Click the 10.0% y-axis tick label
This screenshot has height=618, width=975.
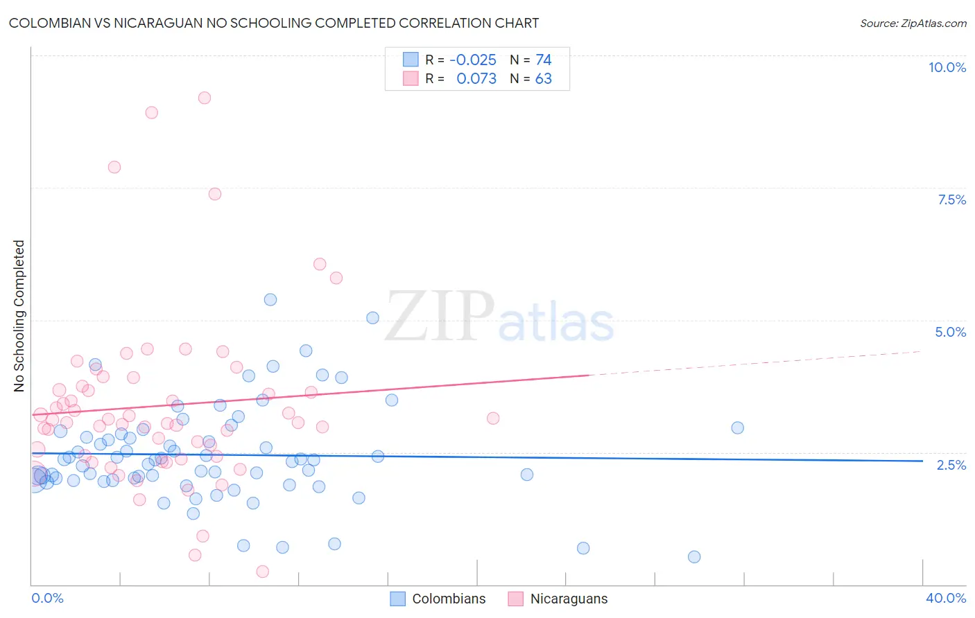pos(947,67)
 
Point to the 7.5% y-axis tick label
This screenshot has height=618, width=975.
pos(951,200)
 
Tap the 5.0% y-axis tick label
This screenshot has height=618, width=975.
pos(950,332)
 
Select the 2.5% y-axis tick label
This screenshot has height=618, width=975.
pos(951,465)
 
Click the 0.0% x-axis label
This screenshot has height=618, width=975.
pos(47,598)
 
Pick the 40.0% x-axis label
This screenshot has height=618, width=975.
pos(945,598)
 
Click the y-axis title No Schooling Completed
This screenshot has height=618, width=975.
pos(19,316)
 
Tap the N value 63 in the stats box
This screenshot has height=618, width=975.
pos(544,78)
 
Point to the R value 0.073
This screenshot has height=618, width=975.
pos(476,78)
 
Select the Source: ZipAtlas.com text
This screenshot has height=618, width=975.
pos(913,23)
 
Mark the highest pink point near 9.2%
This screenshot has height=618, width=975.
pos(204,98)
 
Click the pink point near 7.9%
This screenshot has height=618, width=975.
pos(114,167)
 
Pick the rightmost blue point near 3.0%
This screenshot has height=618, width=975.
pos(737,427)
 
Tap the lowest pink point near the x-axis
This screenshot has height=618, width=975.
pos(262,572)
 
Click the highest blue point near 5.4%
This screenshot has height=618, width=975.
pos(270,299)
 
